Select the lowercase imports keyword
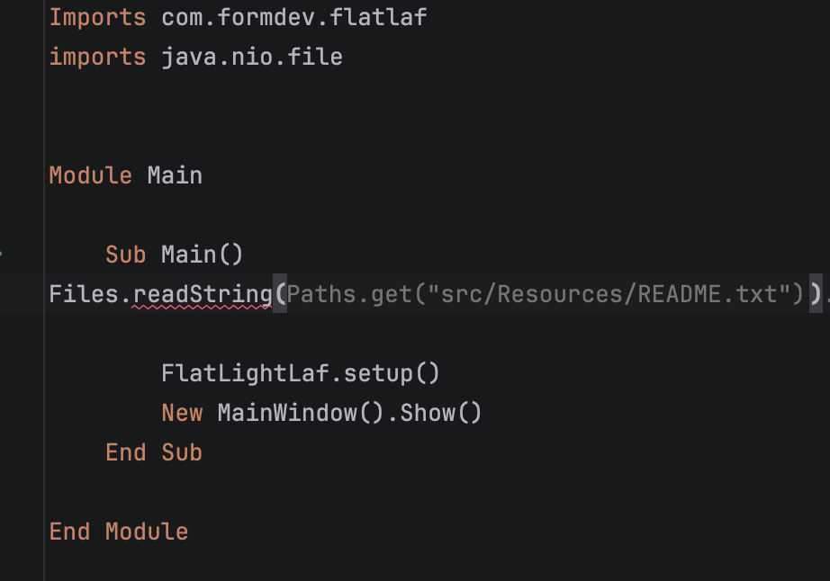pyautogui.click(x=97, y=57)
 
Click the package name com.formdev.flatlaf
pyautogui.click(x=293, y=17)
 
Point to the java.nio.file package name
pyautogui.click(x=252, y=57)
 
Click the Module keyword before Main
pyautogui.click(x=91, y=175)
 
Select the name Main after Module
pyautogui.click(x=175, y=175)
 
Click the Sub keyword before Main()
pyautogui.click(x=125, y=255)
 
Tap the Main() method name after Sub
pyautogui.click(x=202, y=255)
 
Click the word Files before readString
pyautogui.click(x=84, y=294)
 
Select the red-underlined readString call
pyautogui.click(x=203, y=295)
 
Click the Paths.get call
pyautogui.click(x=349, y=294)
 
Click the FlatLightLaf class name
pyautogui.click(x=245, y=373)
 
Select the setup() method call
pyautogui.click(x=392, y=373)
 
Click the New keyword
pyautogui.click(x=182, y=413)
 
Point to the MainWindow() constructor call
pyautogui.click(x=300, y=413)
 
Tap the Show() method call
pyautogui.click(x=440, y=413)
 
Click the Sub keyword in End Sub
pyautogui.click(x=182, y=452)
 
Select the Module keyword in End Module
pyautogui.click(x=147, y=532)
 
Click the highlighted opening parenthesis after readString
pyautogui.click(x=280, y=294)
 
